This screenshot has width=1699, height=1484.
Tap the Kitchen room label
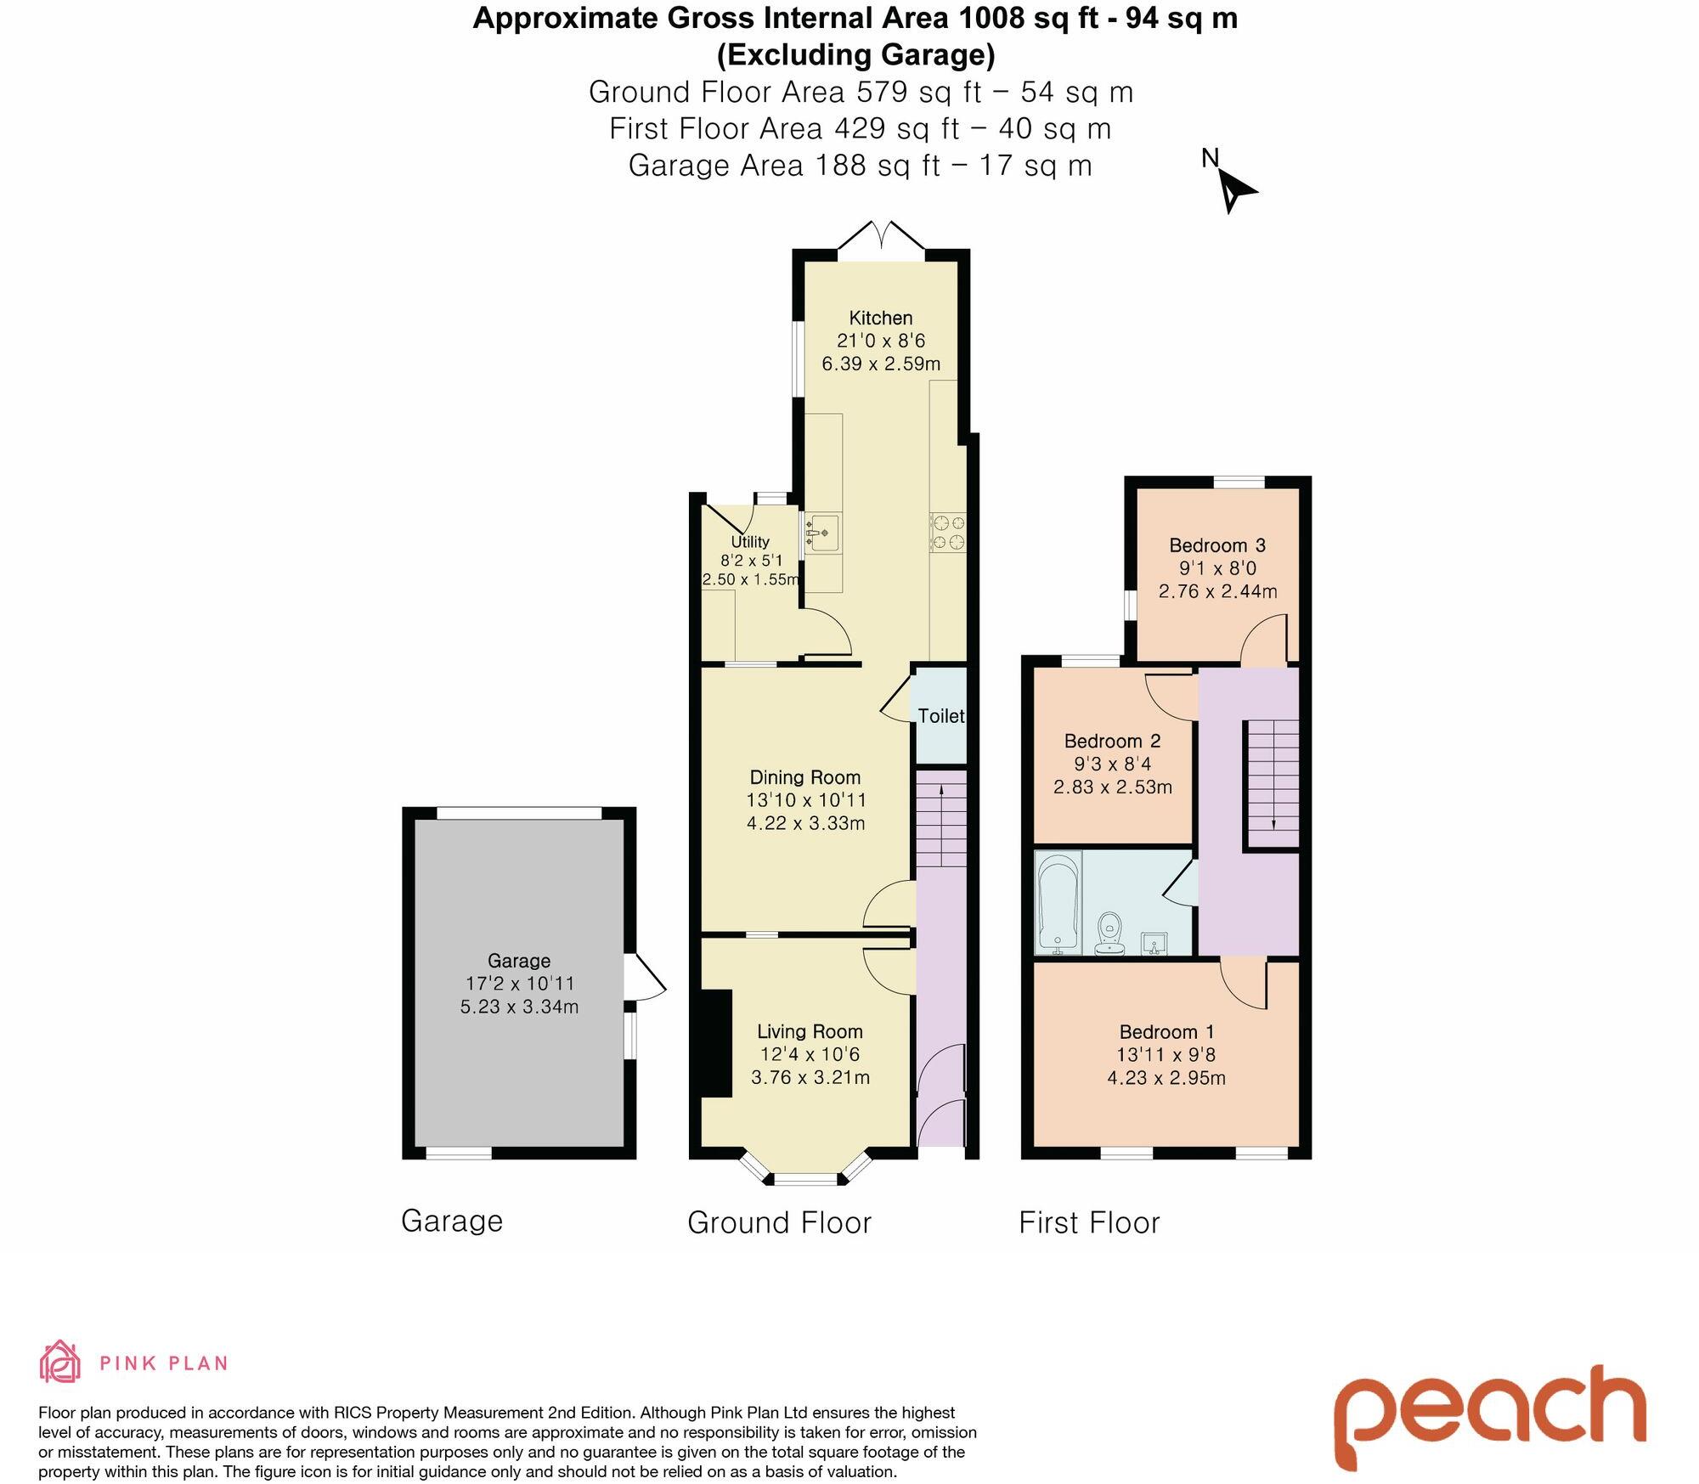(881, 319)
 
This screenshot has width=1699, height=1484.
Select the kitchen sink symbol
(821, 533)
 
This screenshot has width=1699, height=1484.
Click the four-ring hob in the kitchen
(948, 532)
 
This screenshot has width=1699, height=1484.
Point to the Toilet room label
(941, 716)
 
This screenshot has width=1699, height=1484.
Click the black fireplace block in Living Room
(715, 1043)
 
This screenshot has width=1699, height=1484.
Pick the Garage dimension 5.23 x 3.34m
(519, 1007)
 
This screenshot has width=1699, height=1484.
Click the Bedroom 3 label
(1217, 545)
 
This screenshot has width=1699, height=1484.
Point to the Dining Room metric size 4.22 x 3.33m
(805, 822)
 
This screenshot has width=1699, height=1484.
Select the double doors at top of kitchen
(881, 236)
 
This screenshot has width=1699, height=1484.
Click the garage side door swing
(646, 978)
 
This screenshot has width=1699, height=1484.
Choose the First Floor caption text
(1089, 1222)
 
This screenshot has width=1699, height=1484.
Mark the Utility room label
(750, 542)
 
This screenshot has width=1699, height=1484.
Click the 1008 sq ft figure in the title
(1026, 18)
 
